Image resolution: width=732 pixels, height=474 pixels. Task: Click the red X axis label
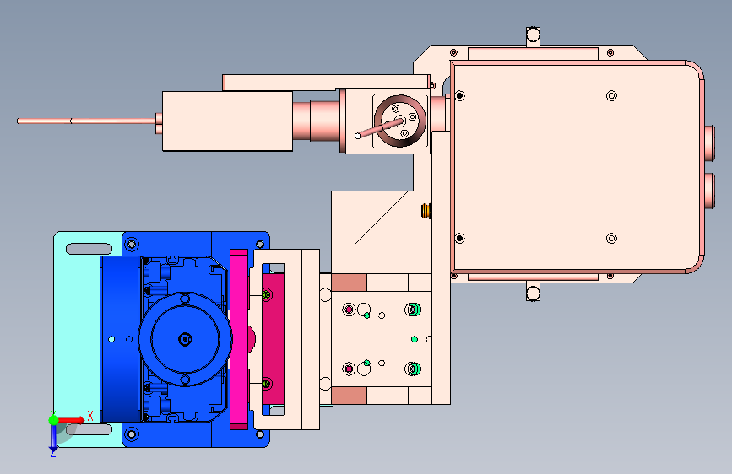90,416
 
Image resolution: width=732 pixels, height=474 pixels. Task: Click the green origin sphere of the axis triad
54,420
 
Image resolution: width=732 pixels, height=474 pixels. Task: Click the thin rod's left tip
18,121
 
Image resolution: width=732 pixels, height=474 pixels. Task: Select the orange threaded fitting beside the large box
426,211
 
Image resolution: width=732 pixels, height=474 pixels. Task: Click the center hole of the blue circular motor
186,339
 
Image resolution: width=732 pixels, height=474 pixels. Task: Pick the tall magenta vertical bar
239,339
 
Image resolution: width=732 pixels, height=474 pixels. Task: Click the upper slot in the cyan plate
89,249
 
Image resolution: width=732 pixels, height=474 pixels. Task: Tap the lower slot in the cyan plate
89,429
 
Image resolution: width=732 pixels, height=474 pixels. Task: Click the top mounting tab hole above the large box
533,35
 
